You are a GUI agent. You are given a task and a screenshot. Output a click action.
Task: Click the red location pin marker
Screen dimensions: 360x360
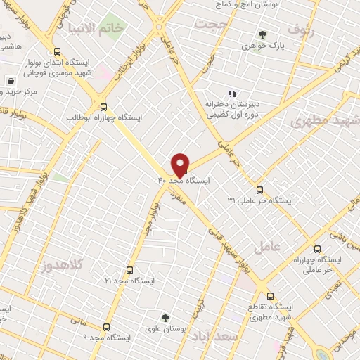coord(181,165)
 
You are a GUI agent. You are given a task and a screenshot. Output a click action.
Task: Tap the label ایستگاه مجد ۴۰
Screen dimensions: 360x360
coord(184,181)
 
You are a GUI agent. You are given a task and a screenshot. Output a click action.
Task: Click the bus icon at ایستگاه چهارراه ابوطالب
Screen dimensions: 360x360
coord(104,108)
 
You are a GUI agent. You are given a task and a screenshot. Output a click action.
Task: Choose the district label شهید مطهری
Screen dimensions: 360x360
coord(333,120)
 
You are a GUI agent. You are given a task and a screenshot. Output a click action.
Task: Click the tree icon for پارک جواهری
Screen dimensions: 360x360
coord(262,34)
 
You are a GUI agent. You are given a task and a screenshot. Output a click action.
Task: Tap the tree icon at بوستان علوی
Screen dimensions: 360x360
coord(165,318)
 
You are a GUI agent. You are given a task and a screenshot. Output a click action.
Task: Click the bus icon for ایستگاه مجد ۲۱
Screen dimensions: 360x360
coord(129,270)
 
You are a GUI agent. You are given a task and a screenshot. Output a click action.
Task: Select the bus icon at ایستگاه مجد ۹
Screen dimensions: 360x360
coord(106,327)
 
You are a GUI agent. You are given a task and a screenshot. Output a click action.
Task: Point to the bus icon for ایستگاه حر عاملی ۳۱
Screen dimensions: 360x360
coord(259,190)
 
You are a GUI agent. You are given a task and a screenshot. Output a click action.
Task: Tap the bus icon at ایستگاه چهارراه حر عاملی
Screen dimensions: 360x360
coord(316,249)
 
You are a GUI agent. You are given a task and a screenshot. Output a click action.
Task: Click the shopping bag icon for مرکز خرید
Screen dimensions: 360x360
coord(11,82)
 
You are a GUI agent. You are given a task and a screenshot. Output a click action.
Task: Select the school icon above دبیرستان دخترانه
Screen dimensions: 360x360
coord(232,94)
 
